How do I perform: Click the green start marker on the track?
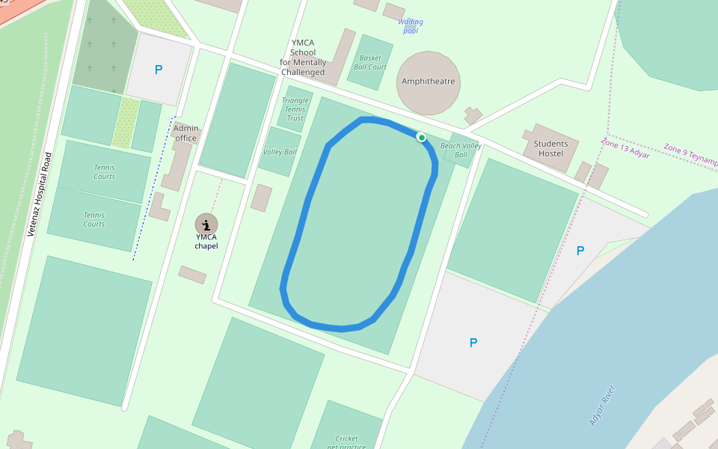pos(422,138)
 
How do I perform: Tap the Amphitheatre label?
pos(428,82)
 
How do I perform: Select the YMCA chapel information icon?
pos(206,223)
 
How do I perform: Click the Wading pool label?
pos(410,26)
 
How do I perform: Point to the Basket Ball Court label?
pos(370,62)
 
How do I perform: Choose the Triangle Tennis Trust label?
pos(295,109)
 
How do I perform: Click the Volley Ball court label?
pos(280,152)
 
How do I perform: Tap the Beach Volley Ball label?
pos(461,150)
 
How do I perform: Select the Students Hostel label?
pos(550,148)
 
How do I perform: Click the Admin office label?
pos(185,132)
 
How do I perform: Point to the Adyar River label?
pos(602,405)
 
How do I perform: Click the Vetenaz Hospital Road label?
pos(40,195)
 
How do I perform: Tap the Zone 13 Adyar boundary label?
pos(625,147)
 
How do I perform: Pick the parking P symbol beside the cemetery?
pos(158,70)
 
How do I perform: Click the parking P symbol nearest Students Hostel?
pos(580,251)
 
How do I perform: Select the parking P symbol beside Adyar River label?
pos(473,343)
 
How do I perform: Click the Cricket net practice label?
pos(346,442)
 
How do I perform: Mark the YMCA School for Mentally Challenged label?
pos(303,58)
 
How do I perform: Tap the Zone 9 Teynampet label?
pos(690,155)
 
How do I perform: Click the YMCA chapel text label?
pos(206,241)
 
